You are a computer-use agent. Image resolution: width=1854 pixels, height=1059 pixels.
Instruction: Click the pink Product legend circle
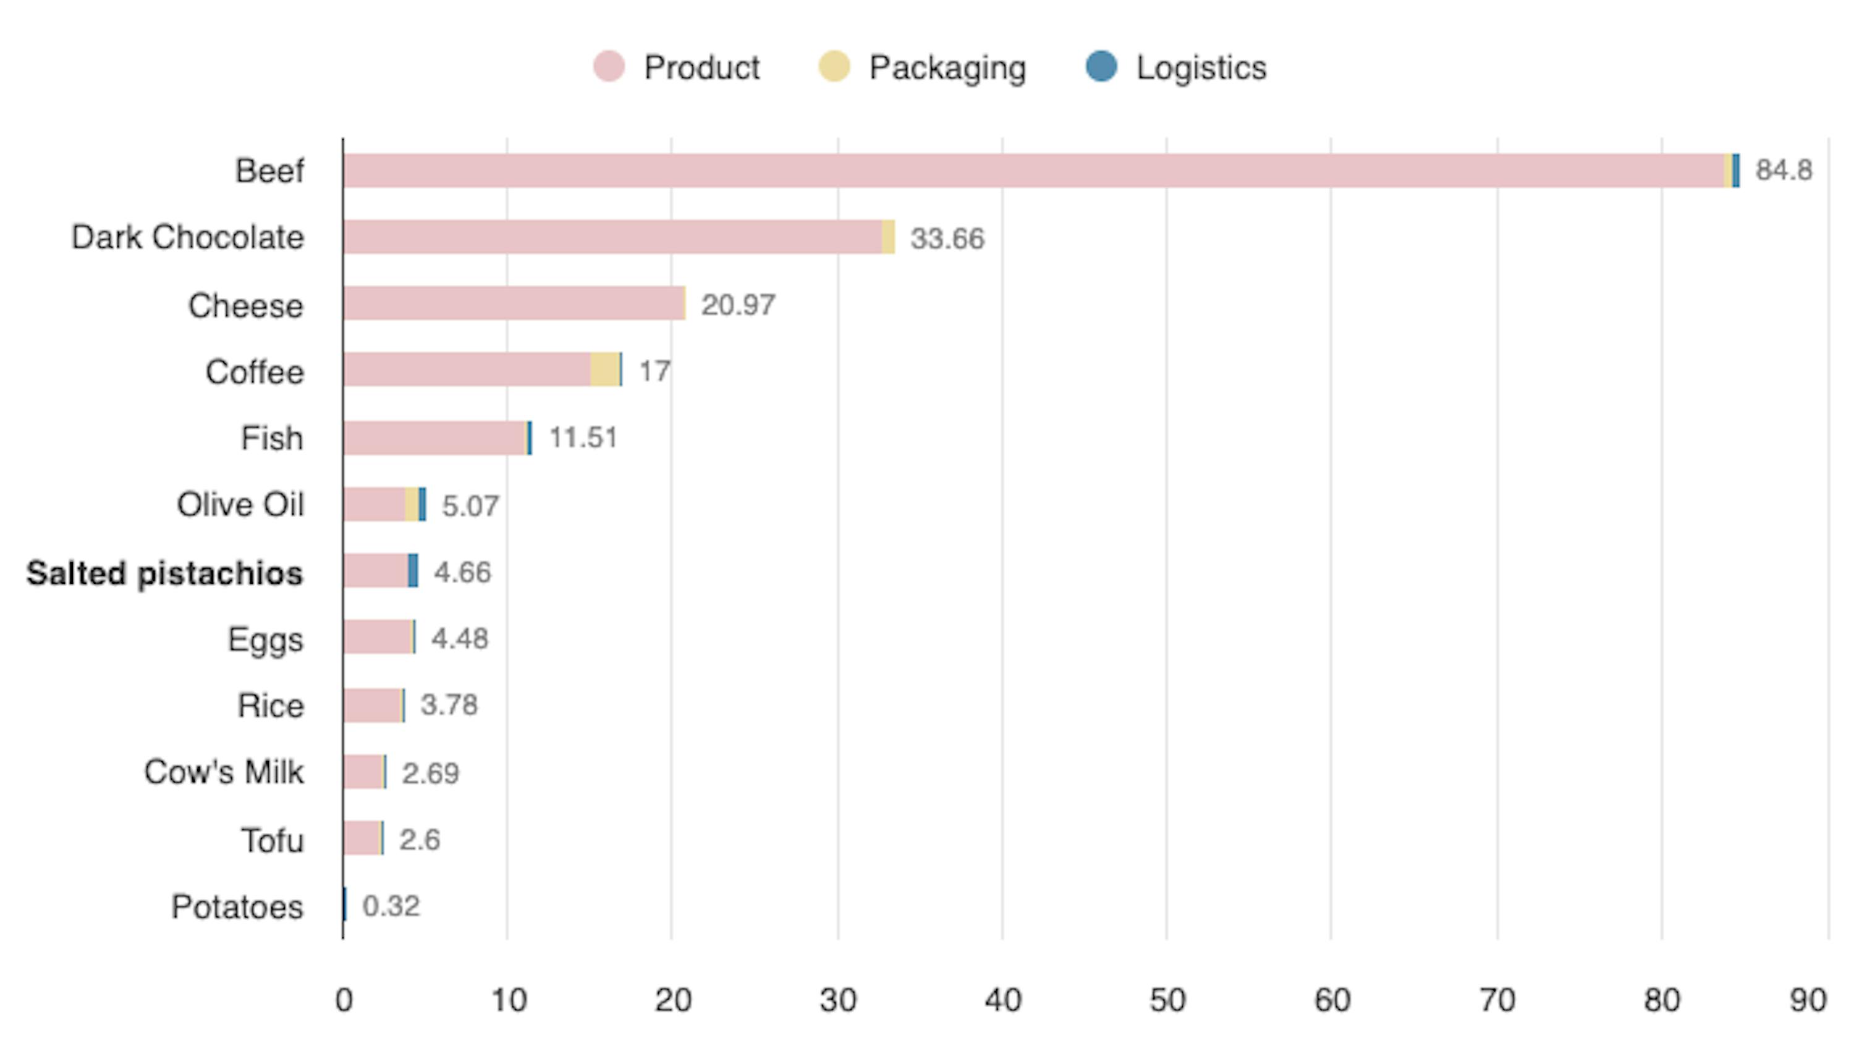click(x=608, y=67)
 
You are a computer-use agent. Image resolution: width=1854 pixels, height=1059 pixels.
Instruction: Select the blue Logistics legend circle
click(x=1101, y=67)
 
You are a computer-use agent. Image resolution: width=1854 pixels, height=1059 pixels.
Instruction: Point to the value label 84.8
click(x=1783, y=170)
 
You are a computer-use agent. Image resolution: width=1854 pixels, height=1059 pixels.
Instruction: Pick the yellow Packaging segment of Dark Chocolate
click(x=888, y=237)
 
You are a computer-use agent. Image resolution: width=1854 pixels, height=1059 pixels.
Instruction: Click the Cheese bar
click(x=514, y=303)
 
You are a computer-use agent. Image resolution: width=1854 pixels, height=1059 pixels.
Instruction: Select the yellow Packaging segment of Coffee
click(x=604, y=369)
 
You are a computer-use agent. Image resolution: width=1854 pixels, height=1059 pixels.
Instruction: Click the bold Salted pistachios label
click(x=165, y=573)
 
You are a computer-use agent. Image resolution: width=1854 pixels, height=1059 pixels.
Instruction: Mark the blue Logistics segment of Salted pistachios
click(x=413, y=570)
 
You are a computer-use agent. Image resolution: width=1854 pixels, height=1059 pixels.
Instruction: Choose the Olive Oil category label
click(x=240, y=505)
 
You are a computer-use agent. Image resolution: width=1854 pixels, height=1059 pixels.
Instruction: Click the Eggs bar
click(x=378, y=637)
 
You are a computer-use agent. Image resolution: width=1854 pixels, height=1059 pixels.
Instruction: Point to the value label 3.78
click(x=449, y=705)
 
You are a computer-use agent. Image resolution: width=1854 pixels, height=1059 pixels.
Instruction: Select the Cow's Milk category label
click(x=224, y=772)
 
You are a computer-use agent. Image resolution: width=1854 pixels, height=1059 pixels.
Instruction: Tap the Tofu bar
click(x=362, y=838)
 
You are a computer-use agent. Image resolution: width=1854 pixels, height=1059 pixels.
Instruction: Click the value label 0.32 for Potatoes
click(x=391, y=906)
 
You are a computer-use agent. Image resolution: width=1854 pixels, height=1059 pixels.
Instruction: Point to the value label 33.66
click(x=947, y=238)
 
